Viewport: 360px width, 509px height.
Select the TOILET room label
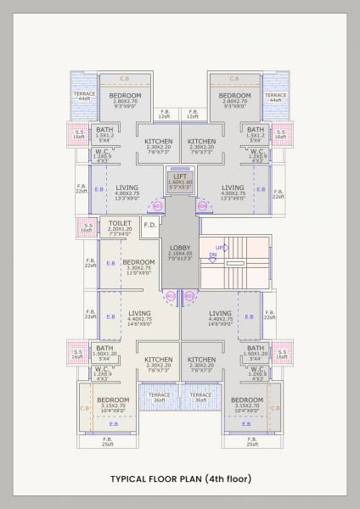(x=121, y=222)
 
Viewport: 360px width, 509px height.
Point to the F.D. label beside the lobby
(x=149, y=225)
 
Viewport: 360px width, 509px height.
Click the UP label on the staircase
(x=219, y=248)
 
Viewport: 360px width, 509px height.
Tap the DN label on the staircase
(x=214, y=255)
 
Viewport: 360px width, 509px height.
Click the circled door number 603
(x=156, y=205)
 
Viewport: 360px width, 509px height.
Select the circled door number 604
(x=202, y=205)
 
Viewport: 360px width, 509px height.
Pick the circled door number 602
(x=170, y=296)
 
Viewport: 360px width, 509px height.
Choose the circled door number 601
(x=189, y=296)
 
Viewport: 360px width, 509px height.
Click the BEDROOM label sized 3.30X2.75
(x=138, y=262)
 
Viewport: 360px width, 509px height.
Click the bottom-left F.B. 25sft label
(x=108, y=441)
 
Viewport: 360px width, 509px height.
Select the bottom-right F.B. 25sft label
(x=252, y=441)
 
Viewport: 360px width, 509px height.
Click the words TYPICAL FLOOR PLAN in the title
(x=155, y=479)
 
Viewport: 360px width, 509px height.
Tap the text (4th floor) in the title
(x=227, y=479)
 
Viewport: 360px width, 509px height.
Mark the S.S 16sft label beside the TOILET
(x=86, y=227)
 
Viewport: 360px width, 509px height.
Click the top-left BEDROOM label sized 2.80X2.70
(x=126, y=96)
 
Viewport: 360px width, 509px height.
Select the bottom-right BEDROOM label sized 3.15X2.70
(x=247, y=400)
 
